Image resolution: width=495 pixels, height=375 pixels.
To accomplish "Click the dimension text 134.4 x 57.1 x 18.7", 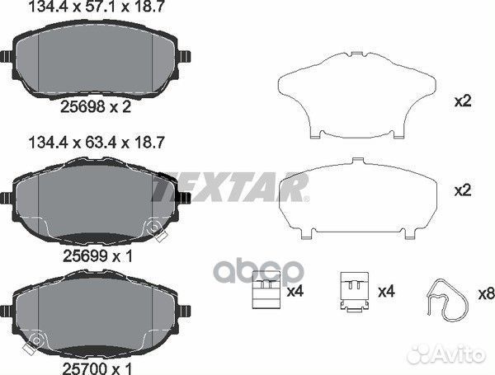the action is (x=97, y=7).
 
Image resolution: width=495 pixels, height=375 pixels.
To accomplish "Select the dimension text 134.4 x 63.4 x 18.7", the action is (x=97, y=143).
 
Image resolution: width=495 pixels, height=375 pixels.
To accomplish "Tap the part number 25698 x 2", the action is (x=96, y=107).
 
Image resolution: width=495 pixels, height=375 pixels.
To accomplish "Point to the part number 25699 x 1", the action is (x=98, y=255).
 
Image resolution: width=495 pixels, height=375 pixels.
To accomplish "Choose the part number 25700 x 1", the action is (x=98, y=368).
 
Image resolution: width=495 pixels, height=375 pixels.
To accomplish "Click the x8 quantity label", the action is (x=486, y=294).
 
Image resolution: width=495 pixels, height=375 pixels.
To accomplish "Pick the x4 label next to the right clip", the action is (x=387, y=292).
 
